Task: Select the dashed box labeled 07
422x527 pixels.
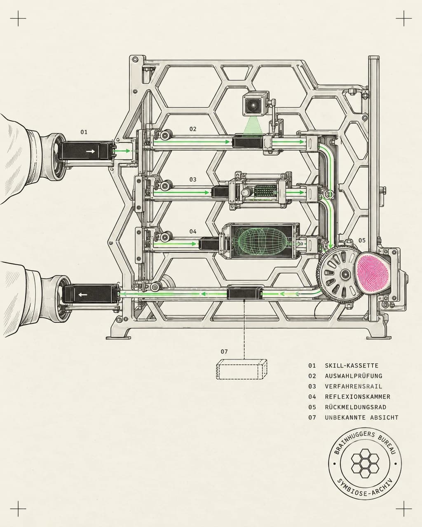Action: click(x=241, y=369)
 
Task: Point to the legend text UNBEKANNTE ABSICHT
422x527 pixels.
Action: click(x=362, y=417)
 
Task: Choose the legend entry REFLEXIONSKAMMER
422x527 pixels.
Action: click(x=358, y=397)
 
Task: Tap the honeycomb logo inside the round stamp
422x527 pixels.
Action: click(x=365, y=463)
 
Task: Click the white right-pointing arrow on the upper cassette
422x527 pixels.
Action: click(x=91, y=152)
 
